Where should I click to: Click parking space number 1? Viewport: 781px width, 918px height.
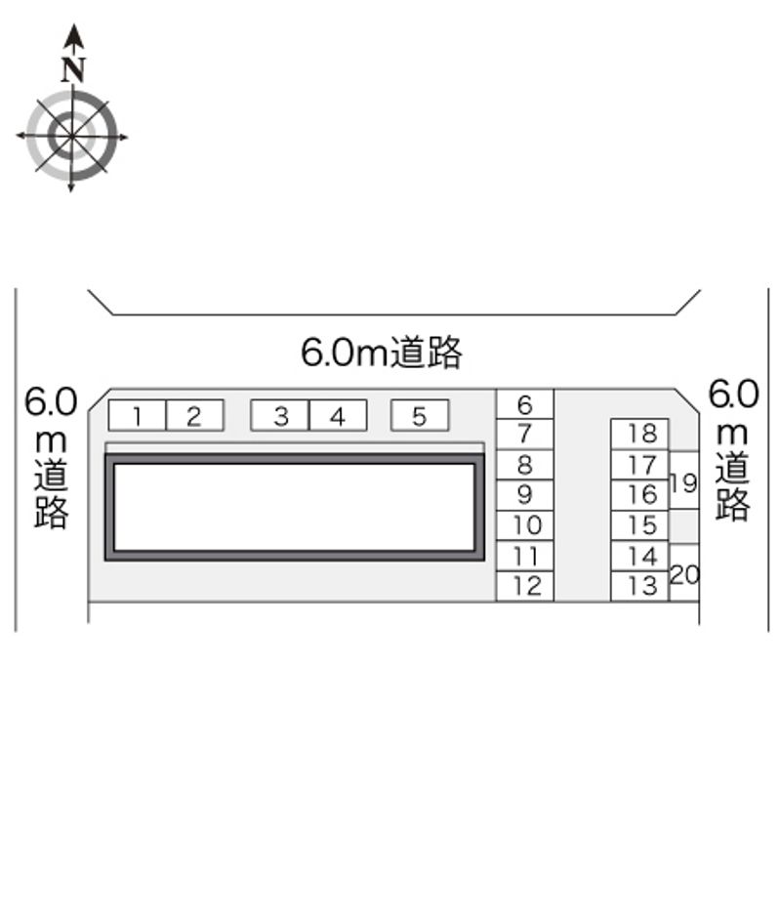tap(138, 416)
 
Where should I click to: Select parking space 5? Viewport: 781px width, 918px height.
tap(420, 416)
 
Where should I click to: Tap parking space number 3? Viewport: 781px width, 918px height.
tap(280, 416)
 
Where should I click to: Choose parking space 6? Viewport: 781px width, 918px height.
tap(524, 404)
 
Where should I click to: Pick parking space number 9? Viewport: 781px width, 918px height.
tap(524, 495)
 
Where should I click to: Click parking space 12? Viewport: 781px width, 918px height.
tap(524, 586)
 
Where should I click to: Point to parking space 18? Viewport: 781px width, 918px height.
tap(639, 434)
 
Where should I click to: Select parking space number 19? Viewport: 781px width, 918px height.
tap(683, 480)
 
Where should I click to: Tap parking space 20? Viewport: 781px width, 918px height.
tap(683, 572)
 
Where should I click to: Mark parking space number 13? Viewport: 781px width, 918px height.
tap(639, 586)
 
